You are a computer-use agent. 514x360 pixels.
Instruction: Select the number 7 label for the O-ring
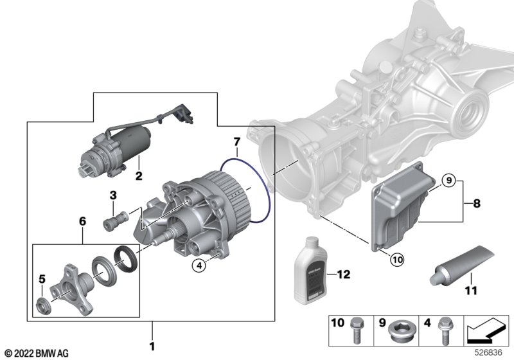(236, 141)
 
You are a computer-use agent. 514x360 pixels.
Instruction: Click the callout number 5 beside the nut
(42, 279)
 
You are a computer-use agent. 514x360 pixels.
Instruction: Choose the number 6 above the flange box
(82, 220)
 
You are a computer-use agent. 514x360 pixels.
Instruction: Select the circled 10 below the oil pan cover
(396, 260)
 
